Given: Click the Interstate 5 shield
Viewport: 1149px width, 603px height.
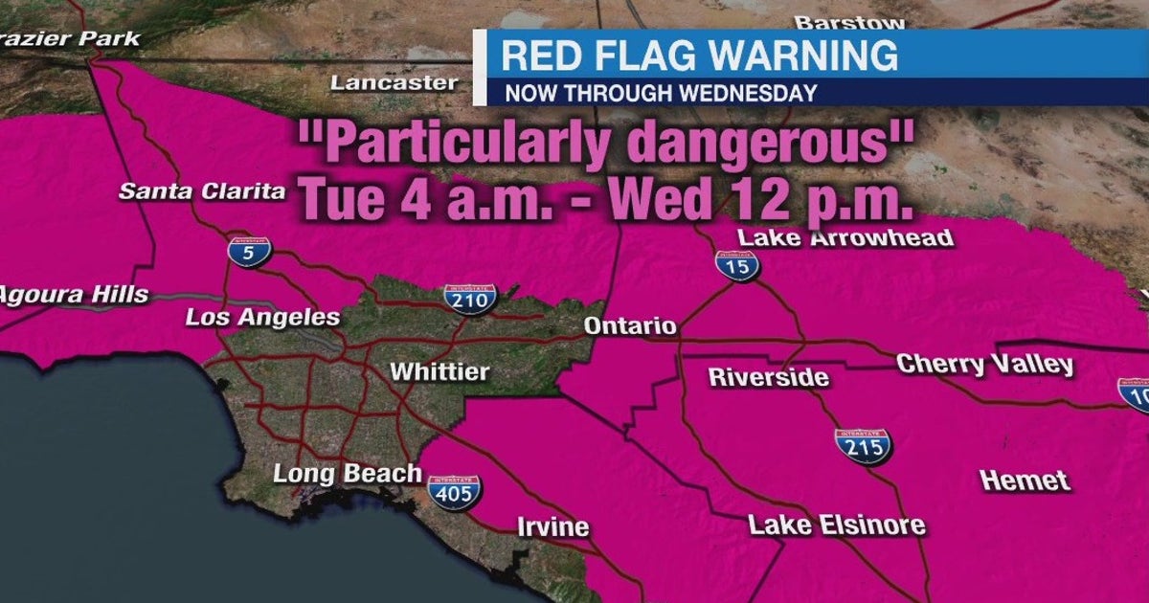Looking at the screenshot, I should [x=249, y=251].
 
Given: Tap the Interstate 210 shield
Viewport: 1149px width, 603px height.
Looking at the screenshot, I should [x=470, y=297].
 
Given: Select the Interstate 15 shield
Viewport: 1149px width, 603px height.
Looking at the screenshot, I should [x=736, y=265].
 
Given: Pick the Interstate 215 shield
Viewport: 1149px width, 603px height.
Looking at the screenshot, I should [x=863, y=445].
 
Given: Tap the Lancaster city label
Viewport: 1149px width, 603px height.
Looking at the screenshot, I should [x=394, y=83].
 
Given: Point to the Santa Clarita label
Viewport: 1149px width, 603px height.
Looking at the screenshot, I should [x=202, y=191].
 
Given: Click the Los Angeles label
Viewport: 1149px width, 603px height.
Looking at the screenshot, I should [x=262, y=318].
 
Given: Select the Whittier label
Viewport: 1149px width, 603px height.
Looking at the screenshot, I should [x=439, y=371].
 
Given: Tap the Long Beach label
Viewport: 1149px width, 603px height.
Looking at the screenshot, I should [x=347, y=473].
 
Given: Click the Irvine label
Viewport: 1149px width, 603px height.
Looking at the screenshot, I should [x=552, y=527].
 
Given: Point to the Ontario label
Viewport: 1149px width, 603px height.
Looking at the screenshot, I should [x=630, y=326].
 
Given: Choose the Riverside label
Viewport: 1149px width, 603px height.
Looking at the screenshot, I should [x=768, y=377].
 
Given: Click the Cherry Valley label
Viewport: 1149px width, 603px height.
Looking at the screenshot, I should [x=985, y=365].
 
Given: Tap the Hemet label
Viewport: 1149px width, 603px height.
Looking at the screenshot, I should [x=1025, y=480].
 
